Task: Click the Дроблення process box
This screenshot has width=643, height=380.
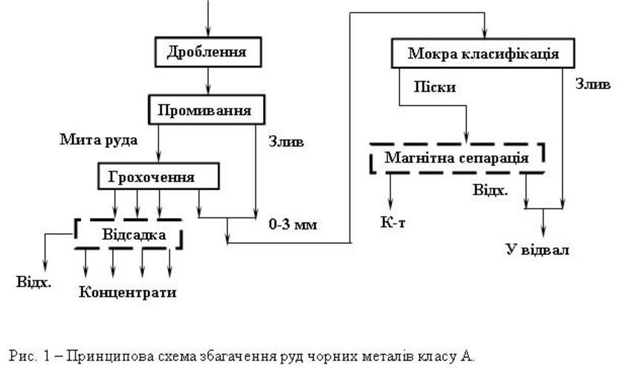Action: (206, 52)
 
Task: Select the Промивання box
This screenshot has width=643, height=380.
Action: (204, 110)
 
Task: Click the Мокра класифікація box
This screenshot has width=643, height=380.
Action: (482, 54)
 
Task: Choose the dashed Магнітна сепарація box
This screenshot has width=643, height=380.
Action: (456, 157)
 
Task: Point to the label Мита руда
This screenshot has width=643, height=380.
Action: (99, 139)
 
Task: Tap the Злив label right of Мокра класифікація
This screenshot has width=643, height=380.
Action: (592, 85)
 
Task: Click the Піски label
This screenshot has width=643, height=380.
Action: (435, 87)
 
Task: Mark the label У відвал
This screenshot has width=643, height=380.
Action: (537, 249)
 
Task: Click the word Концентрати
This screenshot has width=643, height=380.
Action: (128, 292)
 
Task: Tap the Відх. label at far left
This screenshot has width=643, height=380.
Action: (33, 283)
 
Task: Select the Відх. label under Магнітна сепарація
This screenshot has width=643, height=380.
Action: (491, 190)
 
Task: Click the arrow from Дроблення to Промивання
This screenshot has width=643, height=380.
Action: (207, 79)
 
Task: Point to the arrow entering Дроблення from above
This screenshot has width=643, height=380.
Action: (207, 22)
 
